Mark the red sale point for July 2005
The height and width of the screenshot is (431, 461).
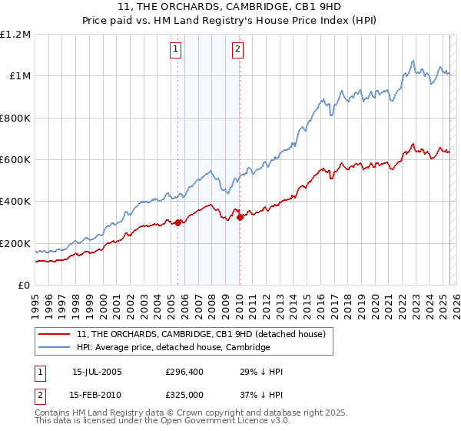coord(177,223)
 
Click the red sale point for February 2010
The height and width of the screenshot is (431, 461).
coord(240,217)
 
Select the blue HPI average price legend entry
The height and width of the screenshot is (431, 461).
coord(174,347)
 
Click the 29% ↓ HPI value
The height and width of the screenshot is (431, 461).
coord(262,372)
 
